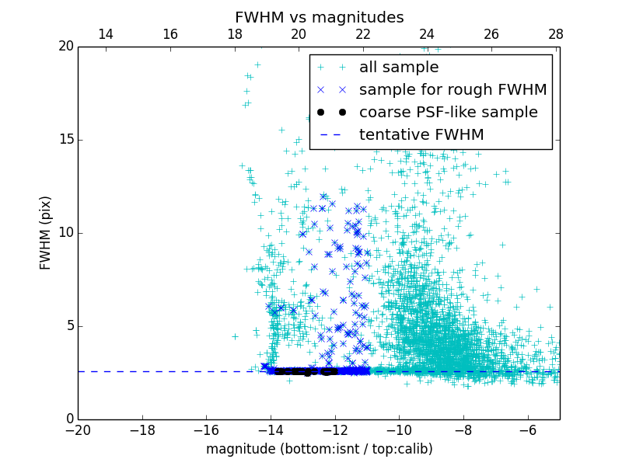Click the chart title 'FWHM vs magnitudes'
point(319,17)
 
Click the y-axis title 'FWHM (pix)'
point(46,232)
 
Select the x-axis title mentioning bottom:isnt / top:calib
point(319,449)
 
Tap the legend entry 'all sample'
point(399,68)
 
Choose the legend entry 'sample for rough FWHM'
point(453,90)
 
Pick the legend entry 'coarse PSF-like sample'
point(448,113)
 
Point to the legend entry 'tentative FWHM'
point(421,135)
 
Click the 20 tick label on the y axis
point(65,47)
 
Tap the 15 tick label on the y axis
point(65,140)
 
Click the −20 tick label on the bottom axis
point(78,430)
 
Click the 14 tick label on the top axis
point(106,34)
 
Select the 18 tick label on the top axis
point(234,34)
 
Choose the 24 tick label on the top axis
point(427,34)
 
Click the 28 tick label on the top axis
point(555,34)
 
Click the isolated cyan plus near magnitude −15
point(235,336)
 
